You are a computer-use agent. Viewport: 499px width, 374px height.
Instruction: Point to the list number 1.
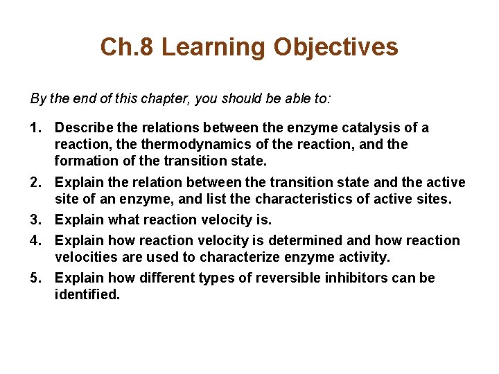[x=36, y=128]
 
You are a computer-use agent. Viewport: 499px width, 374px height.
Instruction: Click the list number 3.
[x=36, y=220]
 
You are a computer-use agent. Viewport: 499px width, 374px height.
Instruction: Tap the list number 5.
[x=36, y=278]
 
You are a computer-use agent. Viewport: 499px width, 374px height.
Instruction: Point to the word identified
[x=87, y=295]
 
